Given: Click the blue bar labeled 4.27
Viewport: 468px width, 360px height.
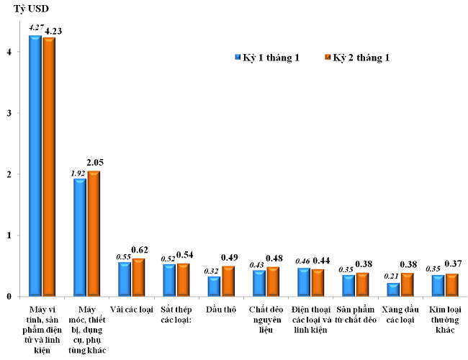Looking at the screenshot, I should pos(35,166).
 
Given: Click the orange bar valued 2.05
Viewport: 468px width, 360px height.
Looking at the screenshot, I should pos(94,233).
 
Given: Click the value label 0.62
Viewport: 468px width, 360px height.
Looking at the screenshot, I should pos(140,249).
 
